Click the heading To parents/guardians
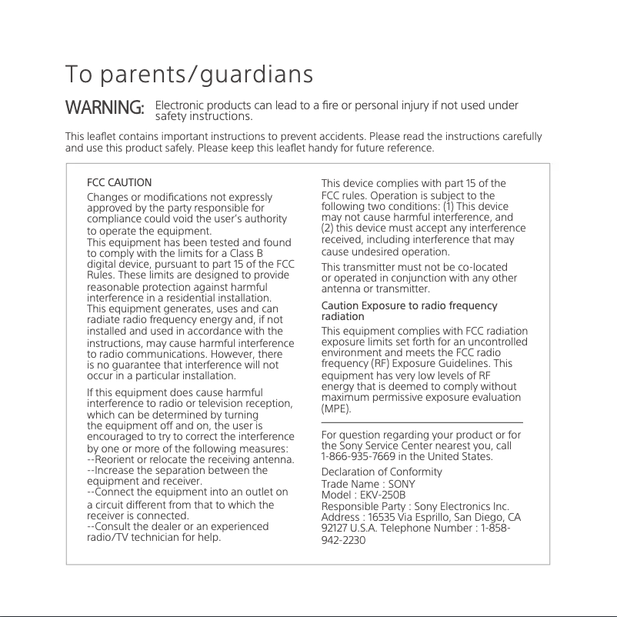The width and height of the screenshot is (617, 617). point(189,75)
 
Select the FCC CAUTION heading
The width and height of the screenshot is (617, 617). point(119,183)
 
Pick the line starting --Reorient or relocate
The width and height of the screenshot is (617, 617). point(191,460)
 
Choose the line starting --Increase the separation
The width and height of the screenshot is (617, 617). point(177,471)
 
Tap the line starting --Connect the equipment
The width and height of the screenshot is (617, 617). point(188,492)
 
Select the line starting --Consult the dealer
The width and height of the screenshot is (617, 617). point(178,526)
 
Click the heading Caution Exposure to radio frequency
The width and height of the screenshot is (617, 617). point(409,306)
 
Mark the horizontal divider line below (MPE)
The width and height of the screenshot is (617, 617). point(422,422)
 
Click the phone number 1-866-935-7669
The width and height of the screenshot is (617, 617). point(359,457)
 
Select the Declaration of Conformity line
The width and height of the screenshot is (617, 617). point(382,472)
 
